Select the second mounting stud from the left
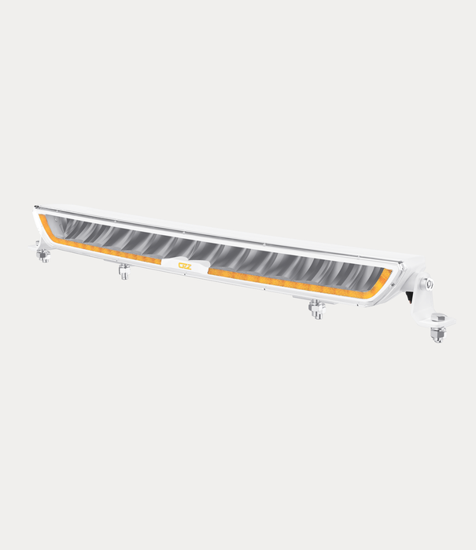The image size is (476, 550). point(124,272)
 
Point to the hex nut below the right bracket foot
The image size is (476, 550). point(437,335)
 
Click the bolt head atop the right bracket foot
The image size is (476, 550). point(438,317)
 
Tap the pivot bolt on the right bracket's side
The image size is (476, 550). point(429,284)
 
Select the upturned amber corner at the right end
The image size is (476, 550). point(385,277)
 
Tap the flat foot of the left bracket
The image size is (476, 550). point(41,247)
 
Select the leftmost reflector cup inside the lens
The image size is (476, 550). point(67,228)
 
